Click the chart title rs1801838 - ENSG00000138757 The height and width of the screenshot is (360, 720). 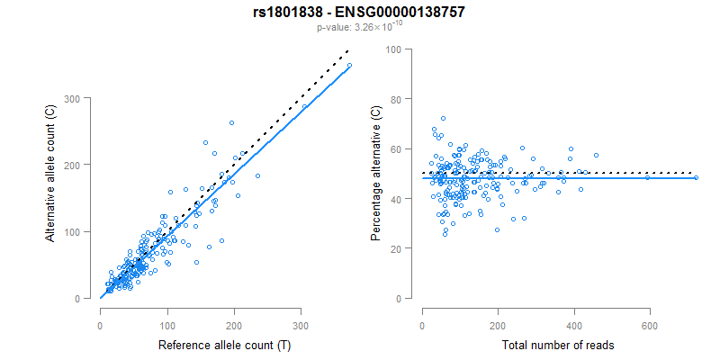[x=359, y=12]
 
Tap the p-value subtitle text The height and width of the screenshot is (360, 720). [x=359, y=27]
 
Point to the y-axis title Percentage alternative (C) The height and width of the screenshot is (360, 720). [x=375, y=174]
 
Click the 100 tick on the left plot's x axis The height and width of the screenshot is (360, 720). [x=166, y=315]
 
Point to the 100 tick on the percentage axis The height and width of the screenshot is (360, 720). [x=394, y=49]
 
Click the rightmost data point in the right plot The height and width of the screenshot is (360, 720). [x=696, y=177]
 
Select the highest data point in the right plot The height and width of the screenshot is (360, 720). [x=443, y=118]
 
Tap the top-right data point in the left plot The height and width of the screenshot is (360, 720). [x=349, y=65]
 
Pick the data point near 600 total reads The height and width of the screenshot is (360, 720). [x=647, y=177]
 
